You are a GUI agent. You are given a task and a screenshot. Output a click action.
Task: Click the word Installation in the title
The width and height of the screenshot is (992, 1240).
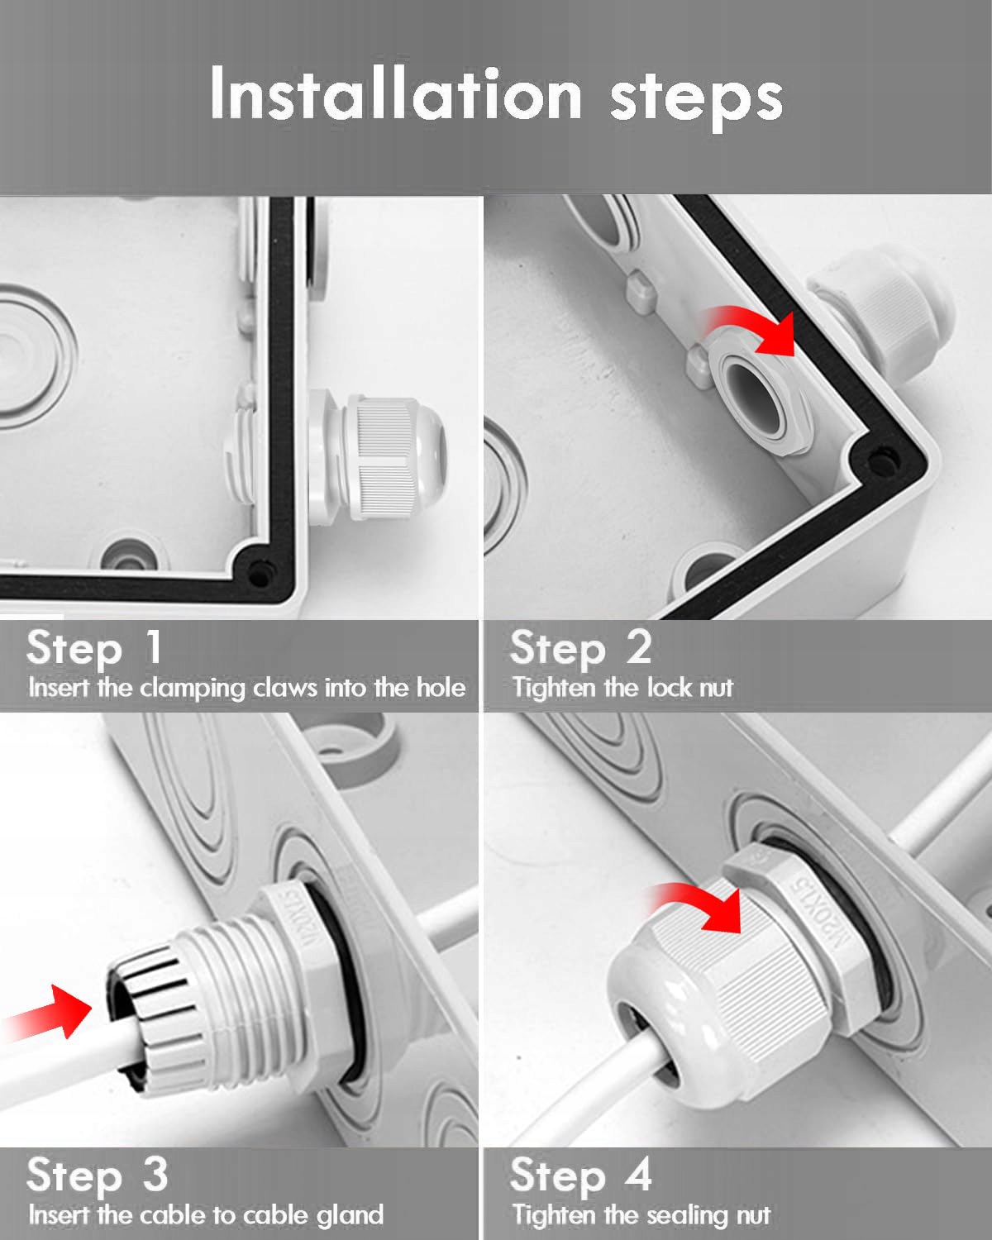point(396,93)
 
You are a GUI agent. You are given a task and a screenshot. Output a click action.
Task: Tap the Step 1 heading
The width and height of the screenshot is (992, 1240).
point(94,647)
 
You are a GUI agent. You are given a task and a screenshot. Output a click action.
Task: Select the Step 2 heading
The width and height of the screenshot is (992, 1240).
point(580,647)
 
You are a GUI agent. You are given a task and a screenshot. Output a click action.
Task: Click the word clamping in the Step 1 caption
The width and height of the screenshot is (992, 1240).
point(193,689)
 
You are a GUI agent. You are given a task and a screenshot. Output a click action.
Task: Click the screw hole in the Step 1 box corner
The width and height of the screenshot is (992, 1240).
point(260,574)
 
